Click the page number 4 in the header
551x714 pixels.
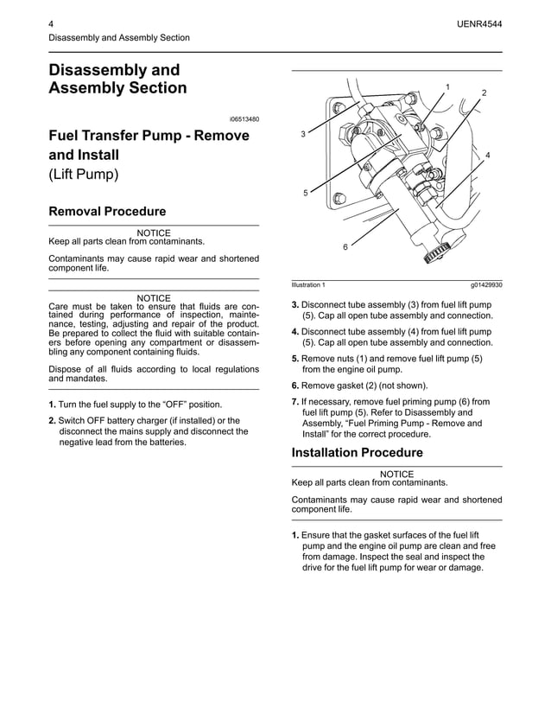point(52,24)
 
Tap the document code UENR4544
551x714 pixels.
point(479,24)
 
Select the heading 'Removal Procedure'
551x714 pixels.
point(107,211)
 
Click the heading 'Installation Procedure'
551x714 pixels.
point(357,453)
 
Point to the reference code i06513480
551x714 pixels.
point(244,118)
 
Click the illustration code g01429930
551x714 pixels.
point(486,284)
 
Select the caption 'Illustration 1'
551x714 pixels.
point(308,284)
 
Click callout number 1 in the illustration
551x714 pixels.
point(447,86)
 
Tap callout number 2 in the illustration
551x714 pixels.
point(484,92)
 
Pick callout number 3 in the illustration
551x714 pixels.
point(303,135)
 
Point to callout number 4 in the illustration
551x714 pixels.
point(488,155)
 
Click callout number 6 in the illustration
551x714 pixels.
point(345,247)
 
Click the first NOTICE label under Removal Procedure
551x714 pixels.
point(154,233)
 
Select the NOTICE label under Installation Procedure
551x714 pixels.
point(396,474)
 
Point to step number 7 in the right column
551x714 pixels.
point(295,402)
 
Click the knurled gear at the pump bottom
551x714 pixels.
point(435,254)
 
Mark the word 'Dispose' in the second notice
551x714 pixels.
point(66,369)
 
